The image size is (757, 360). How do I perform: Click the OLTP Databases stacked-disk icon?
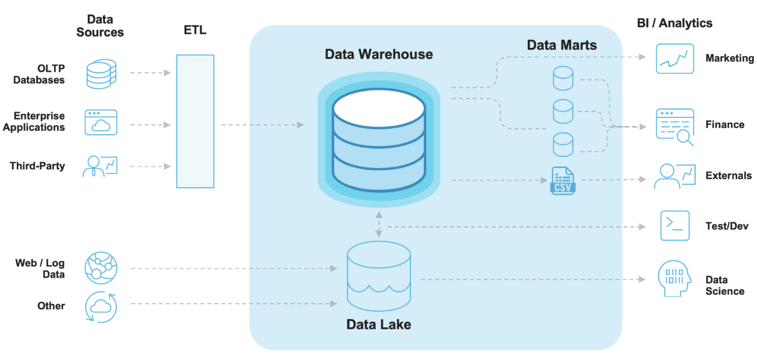(x=101, y=74)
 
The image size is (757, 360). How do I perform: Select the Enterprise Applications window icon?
(x=101, y=122)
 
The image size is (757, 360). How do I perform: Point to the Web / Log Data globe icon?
(x=101, y=268)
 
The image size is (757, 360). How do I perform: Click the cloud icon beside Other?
(x=101, y=307)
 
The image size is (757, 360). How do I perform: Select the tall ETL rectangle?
(x=195, y=121)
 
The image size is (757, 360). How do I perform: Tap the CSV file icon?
(x=562, y=181)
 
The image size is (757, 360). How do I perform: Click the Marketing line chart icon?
(x=675, y=59)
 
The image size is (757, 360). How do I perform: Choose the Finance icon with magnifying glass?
(x=675, y=126)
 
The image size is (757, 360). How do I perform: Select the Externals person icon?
(x=674, y=176)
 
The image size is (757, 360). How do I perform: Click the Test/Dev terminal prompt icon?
(x=675, y=225)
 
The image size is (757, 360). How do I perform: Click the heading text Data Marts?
(x=562, y=45)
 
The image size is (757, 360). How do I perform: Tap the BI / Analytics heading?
(x=675, y=23)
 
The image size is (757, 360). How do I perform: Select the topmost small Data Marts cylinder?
(x=563, y=78)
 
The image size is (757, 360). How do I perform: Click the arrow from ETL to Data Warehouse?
(x=262, y=125)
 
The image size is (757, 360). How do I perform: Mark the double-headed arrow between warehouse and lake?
(x=378, y=224)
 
